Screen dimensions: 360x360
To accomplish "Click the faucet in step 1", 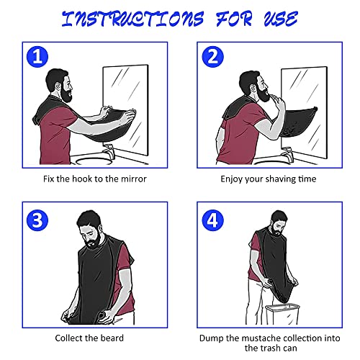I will (x=112, y=151).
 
